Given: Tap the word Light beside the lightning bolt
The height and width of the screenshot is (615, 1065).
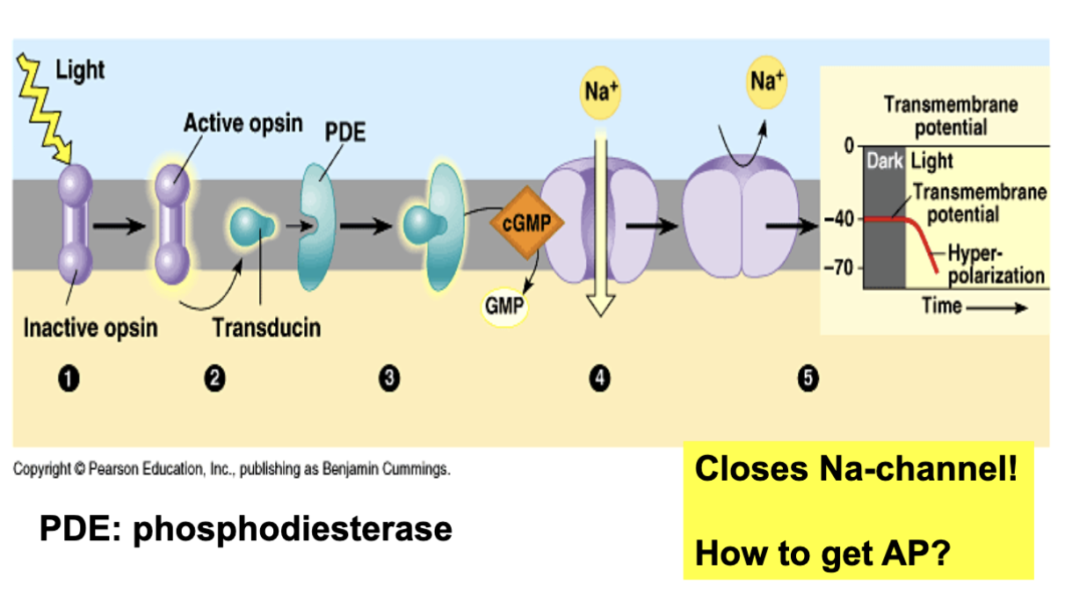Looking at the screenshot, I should click(x=80, y=70).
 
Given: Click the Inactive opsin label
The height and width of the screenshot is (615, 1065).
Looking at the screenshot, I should click(x=91, y=329).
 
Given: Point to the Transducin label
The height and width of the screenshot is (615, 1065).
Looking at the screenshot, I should click(x=266, y=329).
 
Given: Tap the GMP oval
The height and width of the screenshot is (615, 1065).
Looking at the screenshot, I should click(x=505, y=306).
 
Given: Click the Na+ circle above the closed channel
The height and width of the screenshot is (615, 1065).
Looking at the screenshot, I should click(x=767, y=83).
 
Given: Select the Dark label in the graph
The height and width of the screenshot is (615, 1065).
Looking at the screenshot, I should click(x=884, y=162).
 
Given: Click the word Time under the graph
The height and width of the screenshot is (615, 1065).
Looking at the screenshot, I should click(x=941, y=307).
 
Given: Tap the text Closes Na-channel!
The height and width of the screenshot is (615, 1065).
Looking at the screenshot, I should click(x=856, y=468).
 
